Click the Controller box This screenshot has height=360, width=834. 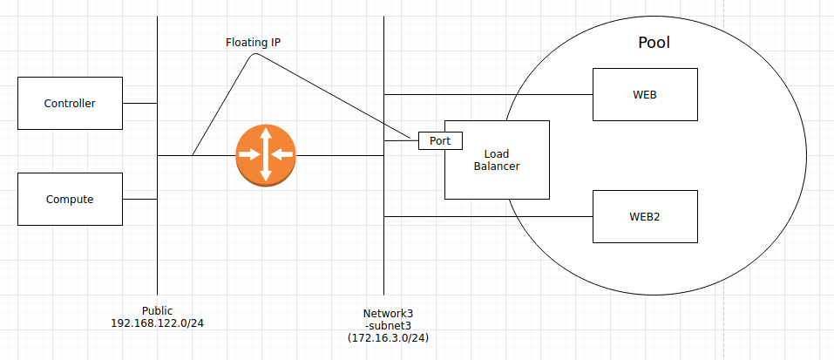[70, 103]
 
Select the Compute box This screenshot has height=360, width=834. [70, 199]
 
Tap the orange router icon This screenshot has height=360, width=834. [266, 155]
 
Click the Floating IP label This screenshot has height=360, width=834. [253, 42]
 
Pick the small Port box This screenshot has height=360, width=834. [440, 139]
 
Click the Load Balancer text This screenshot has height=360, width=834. [497, 160]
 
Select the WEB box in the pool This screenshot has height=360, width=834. [645, 94]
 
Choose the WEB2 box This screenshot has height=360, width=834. [645, 216]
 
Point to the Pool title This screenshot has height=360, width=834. [654, 43]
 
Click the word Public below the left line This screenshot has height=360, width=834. [157, 310]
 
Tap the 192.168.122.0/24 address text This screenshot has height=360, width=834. [157, 323]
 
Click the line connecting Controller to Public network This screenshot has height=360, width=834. [139, 103]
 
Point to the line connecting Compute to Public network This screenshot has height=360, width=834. [139, 199]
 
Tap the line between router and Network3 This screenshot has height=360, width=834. [340, 156]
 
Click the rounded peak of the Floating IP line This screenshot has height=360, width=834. [254, 56]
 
